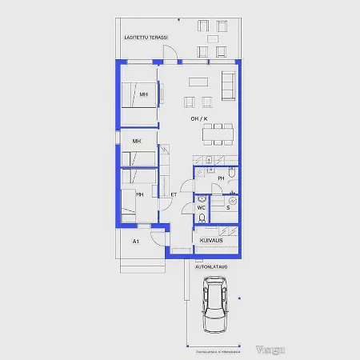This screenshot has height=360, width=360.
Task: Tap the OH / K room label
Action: click(x=198, y=119)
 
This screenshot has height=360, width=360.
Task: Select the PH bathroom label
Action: click(x=221, y=178)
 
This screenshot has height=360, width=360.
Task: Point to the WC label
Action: click(x=202, y=207)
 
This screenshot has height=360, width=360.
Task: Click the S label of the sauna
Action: click(x=227, y=207)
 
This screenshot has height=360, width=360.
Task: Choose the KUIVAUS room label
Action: click(x=211, y=238)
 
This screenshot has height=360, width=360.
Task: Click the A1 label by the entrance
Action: click(x=136, y=241)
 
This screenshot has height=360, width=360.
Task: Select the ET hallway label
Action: click(x=174, y=194)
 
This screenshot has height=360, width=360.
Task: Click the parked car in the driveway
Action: click(x=214, y=305)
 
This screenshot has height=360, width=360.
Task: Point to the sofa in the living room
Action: click(x=228, y=86)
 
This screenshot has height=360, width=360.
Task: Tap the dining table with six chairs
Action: click(x=218, y=133)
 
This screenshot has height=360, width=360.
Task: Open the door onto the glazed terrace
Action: click(x=170, y=54)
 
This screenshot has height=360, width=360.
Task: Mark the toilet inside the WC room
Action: click(x=202, y=217)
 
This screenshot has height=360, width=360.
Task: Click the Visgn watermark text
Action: click(x=271, y=349)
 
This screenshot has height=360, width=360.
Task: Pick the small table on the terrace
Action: click(x=212, y=38)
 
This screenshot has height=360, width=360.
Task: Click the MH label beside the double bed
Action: click(x=143, y=95)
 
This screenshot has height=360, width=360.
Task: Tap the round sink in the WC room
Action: click(x=202, y=198)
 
